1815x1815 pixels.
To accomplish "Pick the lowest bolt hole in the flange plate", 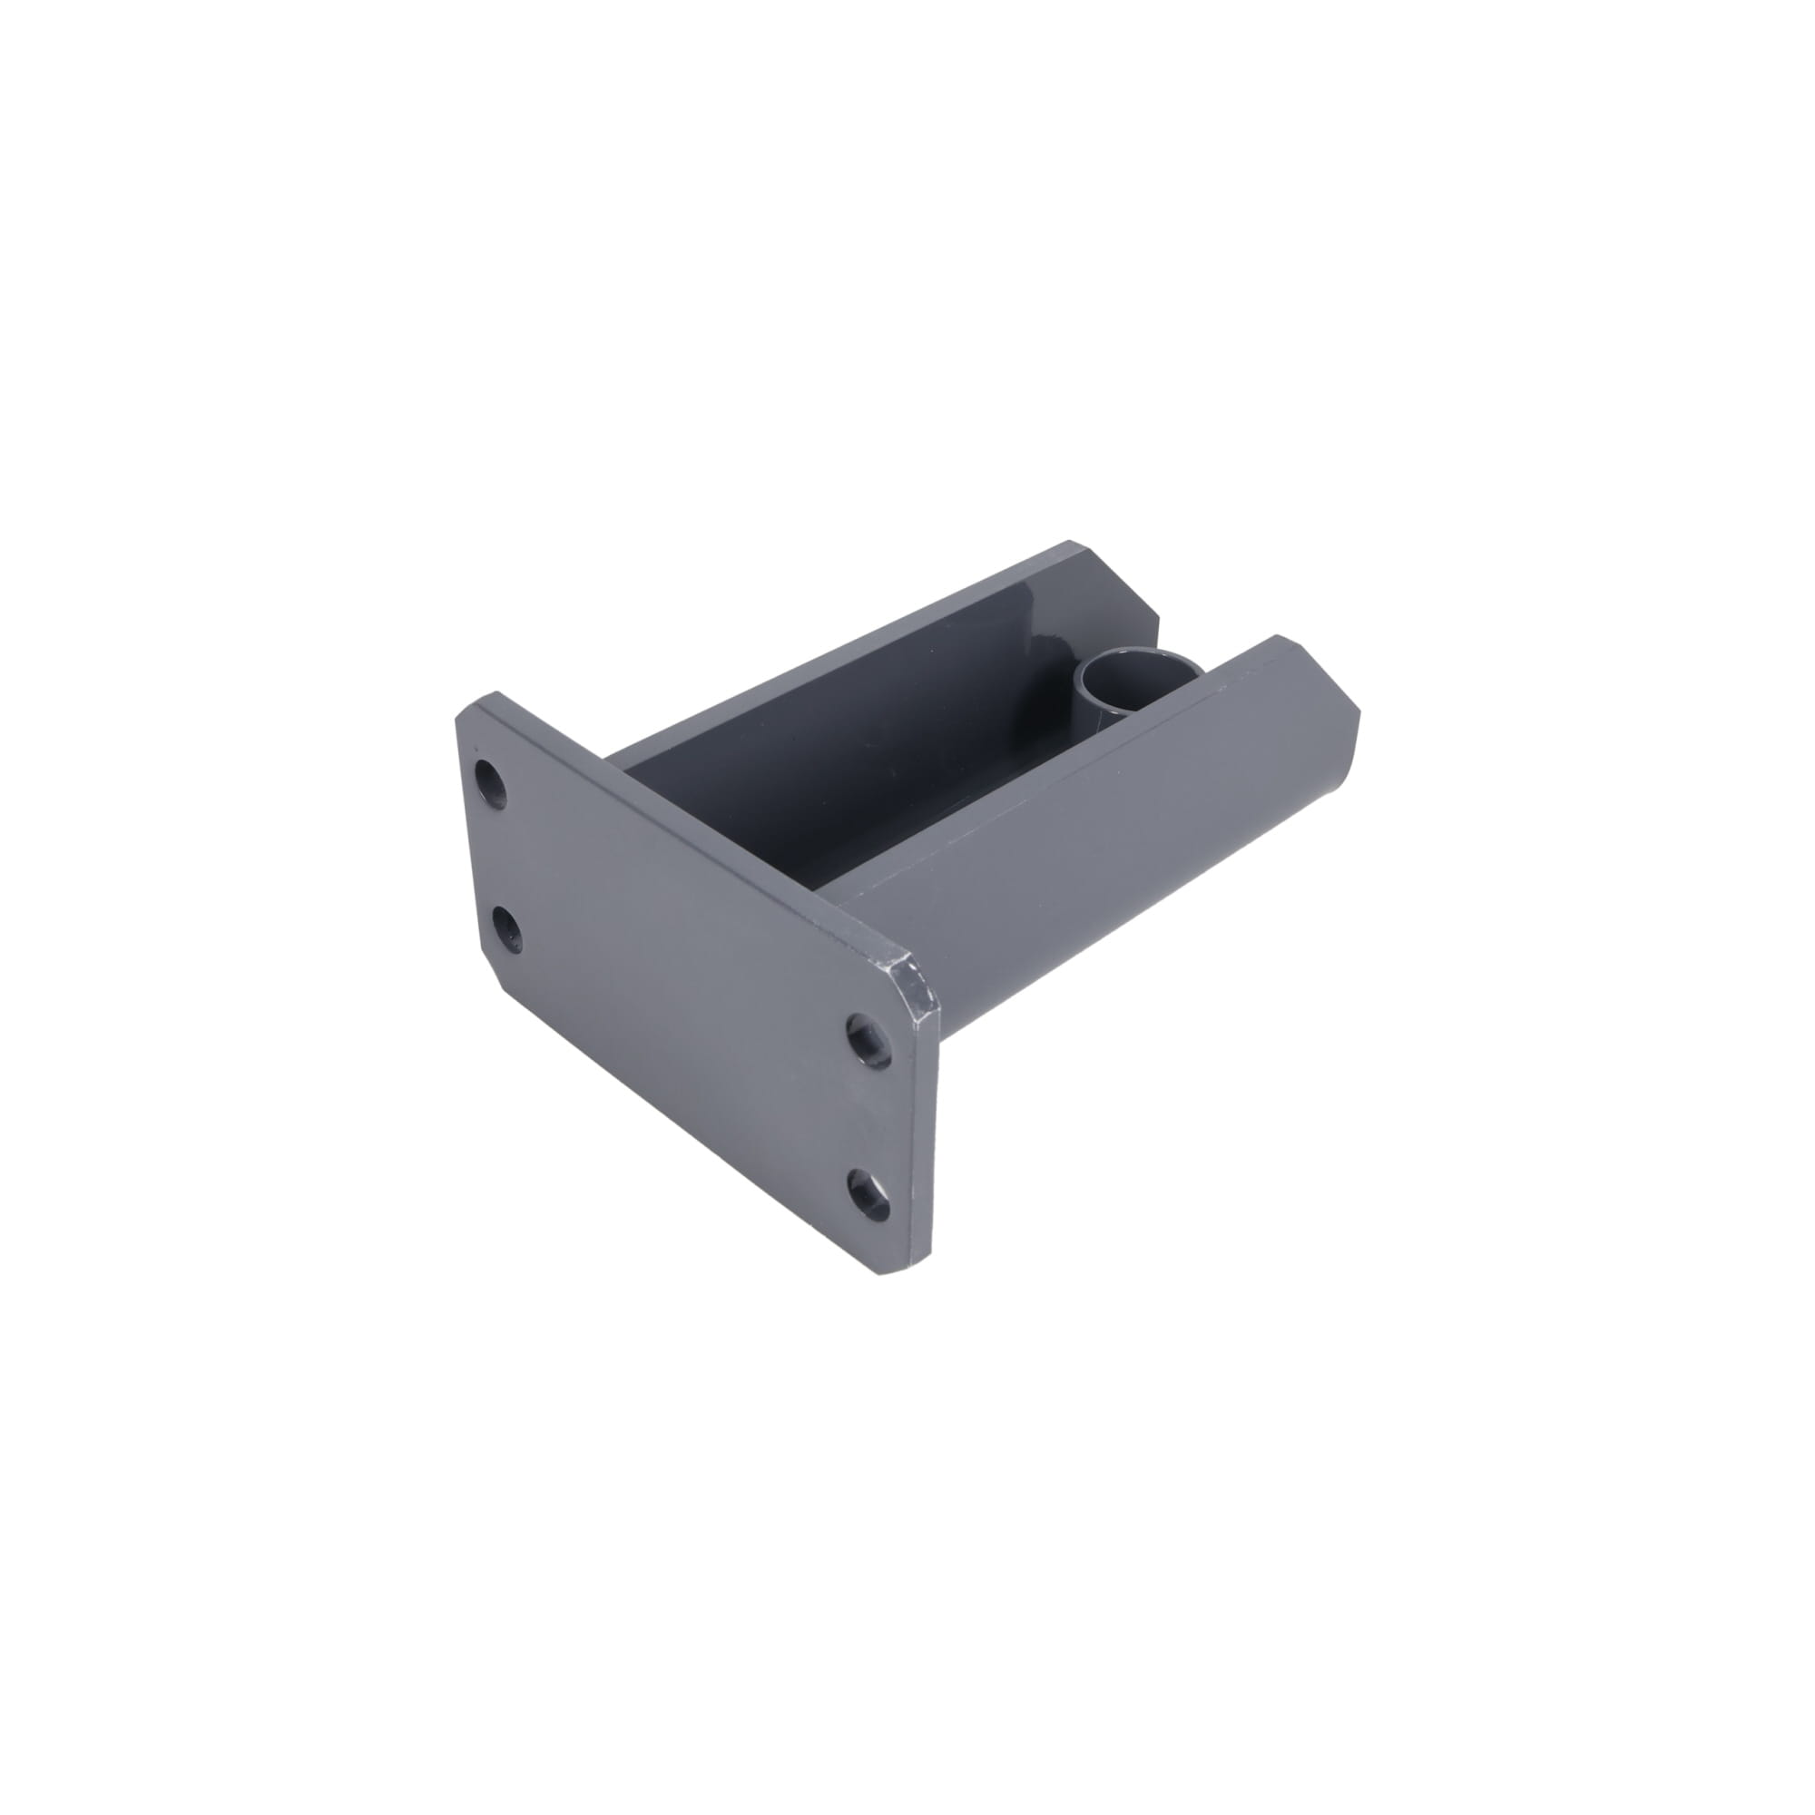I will click(x=868, y=1193).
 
